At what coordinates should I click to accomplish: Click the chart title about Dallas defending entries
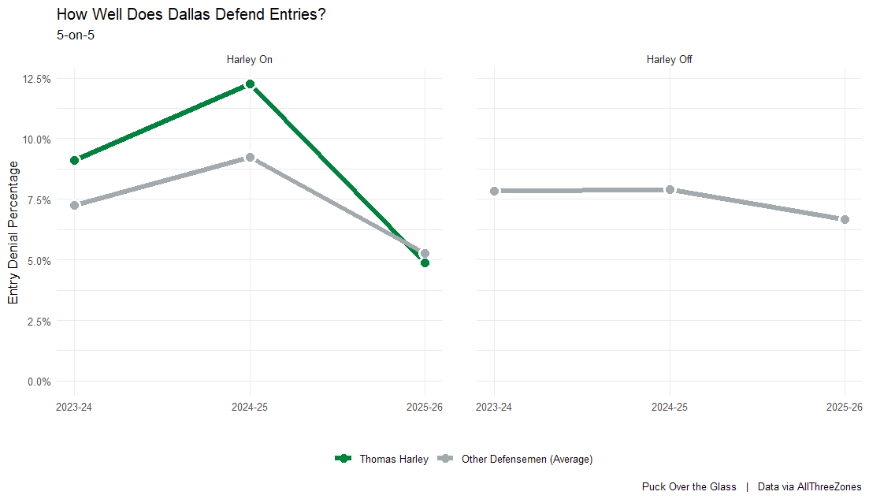pos(191,14)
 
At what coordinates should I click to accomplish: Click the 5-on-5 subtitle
pos(76,34)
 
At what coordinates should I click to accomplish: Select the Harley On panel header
pos(250,59)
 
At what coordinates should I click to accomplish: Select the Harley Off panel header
pos(669,59)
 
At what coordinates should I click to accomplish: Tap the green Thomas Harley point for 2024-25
pos(250,84)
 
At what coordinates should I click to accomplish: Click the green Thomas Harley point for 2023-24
pos(75,160)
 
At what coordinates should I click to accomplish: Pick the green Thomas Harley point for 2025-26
pos(425,263)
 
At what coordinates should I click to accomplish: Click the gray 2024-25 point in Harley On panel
pos(250,158)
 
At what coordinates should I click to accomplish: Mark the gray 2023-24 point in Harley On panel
pos(75,205)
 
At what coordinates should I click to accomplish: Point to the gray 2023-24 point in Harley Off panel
pos(494,191)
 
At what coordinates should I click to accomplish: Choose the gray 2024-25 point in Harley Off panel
pos(670,190)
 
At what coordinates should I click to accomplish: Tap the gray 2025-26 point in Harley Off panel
pos(845,219)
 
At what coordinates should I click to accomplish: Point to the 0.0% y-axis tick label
pos(39,382)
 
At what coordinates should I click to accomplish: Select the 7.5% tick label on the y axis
pos(39,200)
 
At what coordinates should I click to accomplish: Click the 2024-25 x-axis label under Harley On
pos(250,407)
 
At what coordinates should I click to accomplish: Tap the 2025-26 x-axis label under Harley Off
pos(845,407)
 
